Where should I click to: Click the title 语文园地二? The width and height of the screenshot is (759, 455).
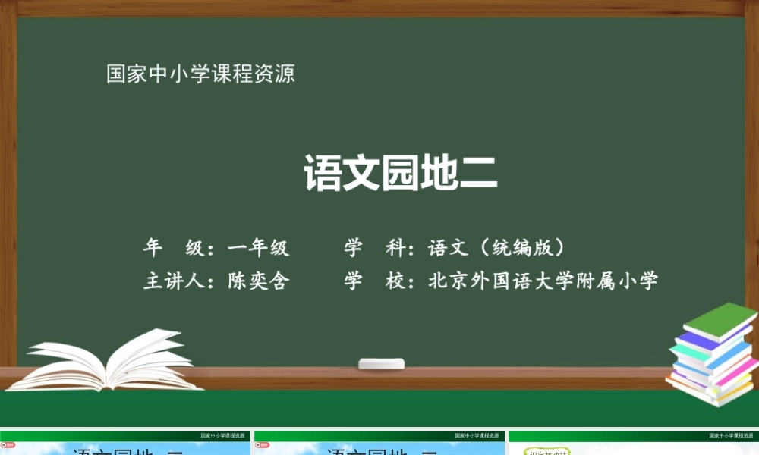400,173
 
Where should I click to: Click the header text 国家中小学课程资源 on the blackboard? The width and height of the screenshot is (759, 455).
200,74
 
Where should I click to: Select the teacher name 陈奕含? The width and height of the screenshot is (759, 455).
259,281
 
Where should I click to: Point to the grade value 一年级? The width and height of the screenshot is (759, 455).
259,248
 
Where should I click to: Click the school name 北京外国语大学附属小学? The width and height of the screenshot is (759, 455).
543,281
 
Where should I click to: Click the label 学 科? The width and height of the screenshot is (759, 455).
374,248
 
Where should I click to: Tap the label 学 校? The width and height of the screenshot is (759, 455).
374,281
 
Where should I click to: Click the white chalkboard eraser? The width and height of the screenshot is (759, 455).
382,364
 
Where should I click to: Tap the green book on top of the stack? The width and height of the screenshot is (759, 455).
720,321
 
